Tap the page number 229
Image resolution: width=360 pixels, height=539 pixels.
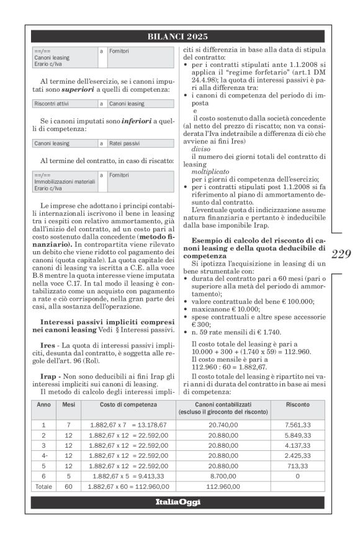point(341,253)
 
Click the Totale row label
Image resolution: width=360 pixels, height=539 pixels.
point(43,487)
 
